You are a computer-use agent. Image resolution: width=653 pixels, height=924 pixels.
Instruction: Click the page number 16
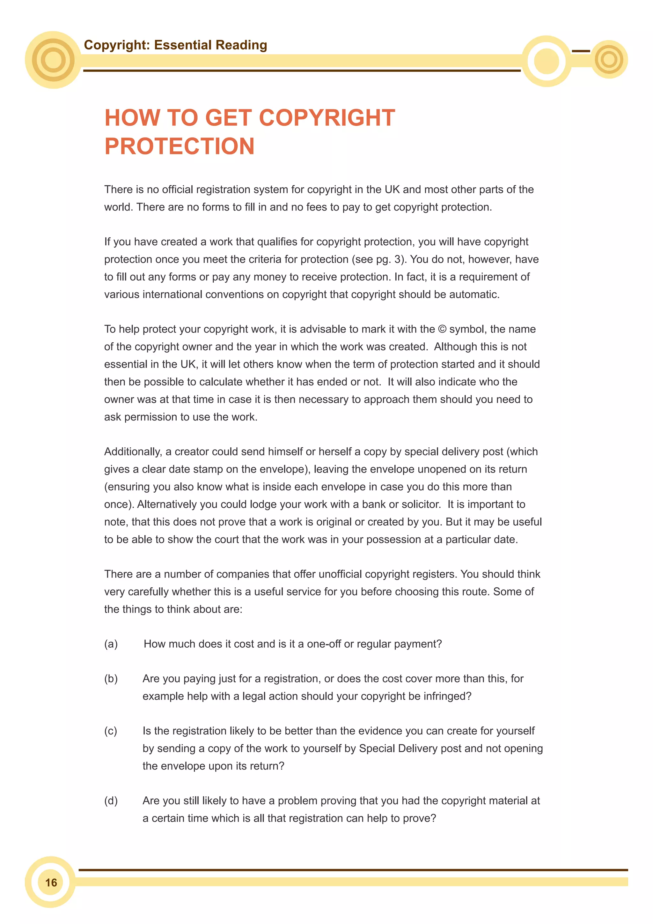(x=51, y=883)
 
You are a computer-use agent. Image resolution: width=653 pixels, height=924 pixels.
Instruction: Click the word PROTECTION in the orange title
(x=179, y=146)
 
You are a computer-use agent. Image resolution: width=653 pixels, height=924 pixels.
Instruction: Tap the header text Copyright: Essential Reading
(x=175, y=45)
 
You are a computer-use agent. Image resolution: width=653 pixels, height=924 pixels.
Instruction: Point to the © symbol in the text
(x=442, y=329)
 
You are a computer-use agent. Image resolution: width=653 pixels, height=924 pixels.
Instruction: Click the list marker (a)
(x=111, y=644)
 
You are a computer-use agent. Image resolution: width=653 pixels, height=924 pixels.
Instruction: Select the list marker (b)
(x=111, y=679)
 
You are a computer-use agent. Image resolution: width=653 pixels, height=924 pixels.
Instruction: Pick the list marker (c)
(x=111, y=731)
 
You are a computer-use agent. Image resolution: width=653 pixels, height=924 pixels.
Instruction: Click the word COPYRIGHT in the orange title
(x=327, y=118)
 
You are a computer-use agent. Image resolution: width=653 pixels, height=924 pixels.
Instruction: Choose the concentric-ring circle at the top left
(x=53, y=60)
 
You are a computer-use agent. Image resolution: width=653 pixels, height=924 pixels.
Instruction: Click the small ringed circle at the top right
(x=609, y=60)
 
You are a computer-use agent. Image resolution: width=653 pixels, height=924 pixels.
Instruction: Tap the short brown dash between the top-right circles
(x=581, y=51)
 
